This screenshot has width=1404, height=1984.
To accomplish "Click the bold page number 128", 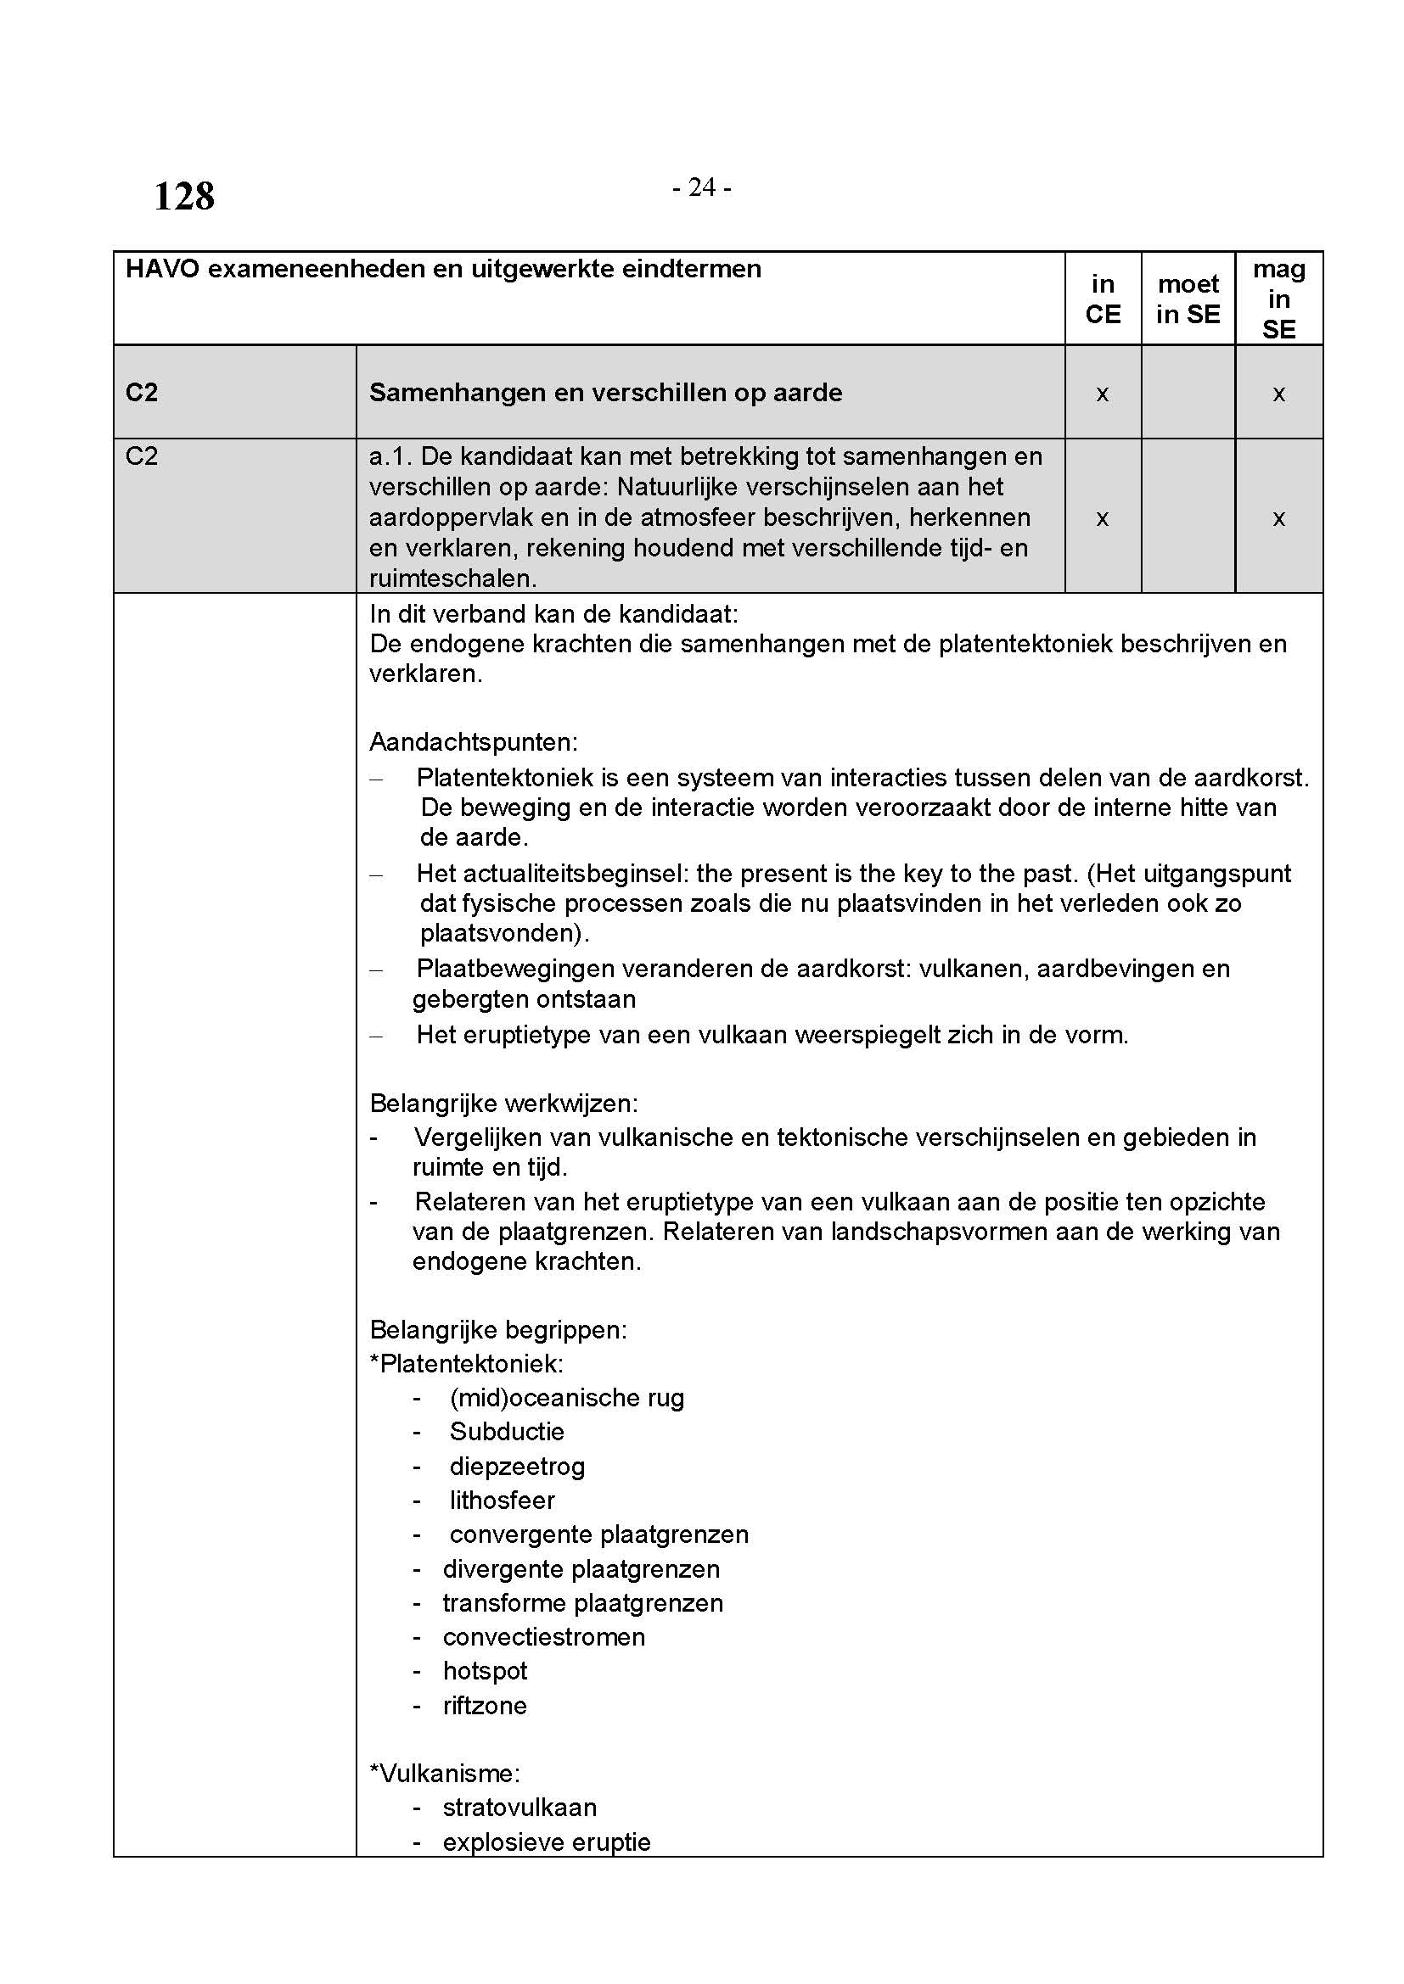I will tap(184, 196).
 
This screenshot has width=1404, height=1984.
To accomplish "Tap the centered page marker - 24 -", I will tap(701, 187).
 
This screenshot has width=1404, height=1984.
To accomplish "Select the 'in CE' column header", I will tap(1103, 299).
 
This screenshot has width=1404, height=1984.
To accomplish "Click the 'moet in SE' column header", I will tap(1188, 299).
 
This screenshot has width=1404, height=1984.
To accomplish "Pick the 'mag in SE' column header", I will tap(1278, 299).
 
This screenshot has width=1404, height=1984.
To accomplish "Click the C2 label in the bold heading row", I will tap(142, 393).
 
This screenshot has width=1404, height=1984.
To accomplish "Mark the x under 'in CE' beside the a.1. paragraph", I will tap(1103, 518).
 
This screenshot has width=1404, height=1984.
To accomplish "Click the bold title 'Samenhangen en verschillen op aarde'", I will tap(605, 393).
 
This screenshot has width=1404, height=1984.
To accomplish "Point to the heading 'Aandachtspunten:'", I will tap(473, 741).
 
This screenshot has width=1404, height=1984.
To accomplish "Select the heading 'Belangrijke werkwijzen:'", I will tap(503, 1104).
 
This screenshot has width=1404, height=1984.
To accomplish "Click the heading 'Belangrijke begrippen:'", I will tap(498, 1329).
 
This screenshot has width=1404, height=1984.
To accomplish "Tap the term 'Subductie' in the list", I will tap(507, 1431).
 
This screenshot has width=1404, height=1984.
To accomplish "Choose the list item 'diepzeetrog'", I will tap(517, 1466).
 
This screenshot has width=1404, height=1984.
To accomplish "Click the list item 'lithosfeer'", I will tap(502, 1501).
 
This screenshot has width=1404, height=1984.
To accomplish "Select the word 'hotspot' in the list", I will tap(484, 1670).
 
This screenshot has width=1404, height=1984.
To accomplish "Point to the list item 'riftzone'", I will tap(484, 1705).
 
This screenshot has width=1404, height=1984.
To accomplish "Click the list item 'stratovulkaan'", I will tap(519, 1807).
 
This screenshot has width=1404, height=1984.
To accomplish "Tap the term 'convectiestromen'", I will tap(544, 1636).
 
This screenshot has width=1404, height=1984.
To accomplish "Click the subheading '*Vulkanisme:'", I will tap(444, 1773).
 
